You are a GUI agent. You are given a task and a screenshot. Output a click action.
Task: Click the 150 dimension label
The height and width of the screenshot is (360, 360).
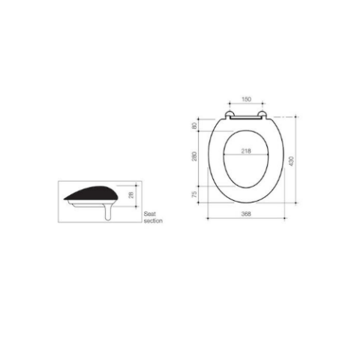246,99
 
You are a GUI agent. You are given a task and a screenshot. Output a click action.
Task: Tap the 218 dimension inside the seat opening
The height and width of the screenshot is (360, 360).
246,151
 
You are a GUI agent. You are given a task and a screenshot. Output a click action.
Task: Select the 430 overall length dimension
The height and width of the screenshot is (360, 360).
291,161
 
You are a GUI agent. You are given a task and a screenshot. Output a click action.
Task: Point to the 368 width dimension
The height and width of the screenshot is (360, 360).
246,214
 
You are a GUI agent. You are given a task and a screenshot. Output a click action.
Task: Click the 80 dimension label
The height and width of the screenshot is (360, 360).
194,126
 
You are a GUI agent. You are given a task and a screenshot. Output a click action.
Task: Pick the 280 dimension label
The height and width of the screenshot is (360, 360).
194,156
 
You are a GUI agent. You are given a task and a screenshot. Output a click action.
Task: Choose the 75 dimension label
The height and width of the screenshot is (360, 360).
194,194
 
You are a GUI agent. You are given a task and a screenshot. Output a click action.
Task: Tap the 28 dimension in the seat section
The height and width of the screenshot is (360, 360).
131,195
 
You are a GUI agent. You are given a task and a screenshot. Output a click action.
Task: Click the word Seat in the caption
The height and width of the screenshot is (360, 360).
150,214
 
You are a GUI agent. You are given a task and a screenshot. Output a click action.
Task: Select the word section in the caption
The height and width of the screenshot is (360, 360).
153,220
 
